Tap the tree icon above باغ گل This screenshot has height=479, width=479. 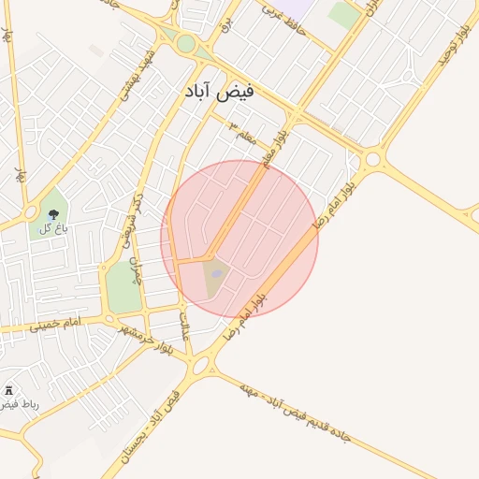(x=52, y=213)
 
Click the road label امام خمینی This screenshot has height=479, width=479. (x=56, y=325)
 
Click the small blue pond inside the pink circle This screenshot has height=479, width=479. (x=217, y=273)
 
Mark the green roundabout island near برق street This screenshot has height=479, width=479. (x=186, y=43)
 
